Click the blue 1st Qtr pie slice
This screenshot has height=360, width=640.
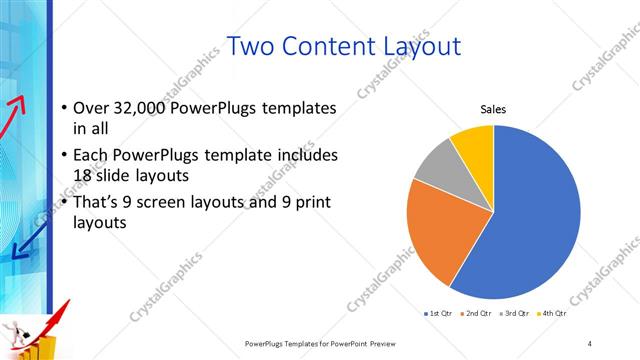pos(530,220)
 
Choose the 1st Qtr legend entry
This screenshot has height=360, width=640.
pos(438,314)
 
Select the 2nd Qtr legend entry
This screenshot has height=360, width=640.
pos(476,314)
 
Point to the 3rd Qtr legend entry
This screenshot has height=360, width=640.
pos(514,314)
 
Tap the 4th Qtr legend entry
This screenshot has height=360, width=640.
pos(552,314)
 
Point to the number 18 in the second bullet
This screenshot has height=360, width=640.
pos(85,175)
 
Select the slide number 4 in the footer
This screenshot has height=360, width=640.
pos(590,343)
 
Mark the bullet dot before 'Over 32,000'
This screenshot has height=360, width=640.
pos(65,108)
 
